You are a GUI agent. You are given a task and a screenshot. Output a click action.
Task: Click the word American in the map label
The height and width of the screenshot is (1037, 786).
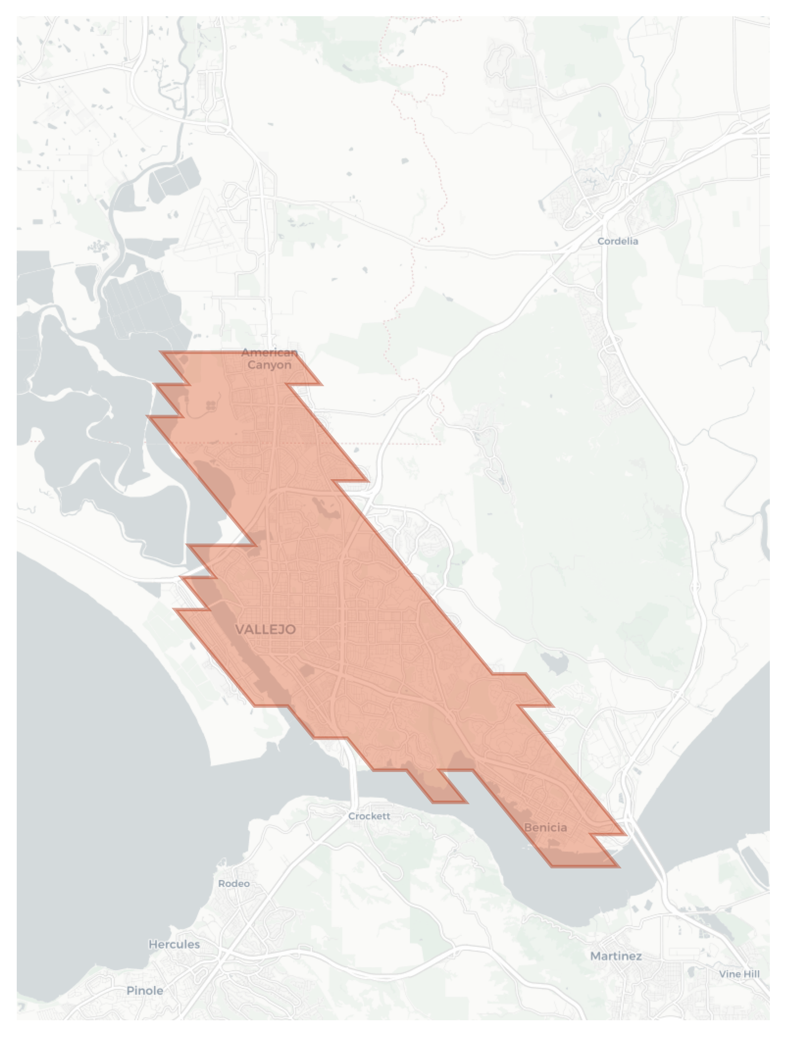coord(269,353)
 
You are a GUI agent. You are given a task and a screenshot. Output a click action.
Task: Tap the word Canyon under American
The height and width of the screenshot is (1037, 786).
coord(269,365)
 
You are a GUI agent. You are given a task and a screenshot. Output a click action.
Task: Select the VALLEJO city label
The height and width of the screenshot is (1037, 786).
coord(266,629)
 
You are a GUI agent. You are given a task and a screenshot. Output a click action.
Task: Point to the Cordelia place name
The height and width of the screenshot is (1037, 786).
coord(618,241)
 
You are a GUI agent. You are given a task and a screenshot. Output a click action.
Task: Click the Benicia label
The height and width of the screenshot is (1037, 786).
coord(546,827)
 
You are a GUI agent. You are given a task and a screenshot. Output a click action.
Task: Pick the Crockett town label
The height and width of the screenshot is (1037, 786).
coord(369,816)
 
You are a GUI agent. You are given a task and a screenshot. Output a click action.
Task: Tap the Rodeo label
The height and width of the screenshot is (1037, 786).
coord(234,884)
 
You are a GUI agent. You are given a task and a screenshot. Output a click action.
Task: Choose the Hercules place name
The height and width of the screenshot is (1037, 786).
coord(174,944)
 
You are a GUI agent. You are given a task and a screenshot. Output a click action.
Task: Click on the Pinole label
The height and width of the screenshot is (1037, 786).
coord(145,991)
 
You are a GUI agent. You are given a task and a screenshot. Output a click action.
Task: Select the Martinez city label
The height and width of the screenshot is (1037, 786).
coord(616,956)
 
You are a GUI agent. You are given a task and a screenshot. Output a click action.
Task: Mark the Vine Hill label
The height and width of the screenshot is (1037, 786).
coord(739,974)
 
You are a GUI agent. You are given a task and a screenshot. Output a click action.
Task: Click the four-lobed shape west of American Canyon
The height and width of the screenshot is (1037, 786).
coord(210,405)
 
